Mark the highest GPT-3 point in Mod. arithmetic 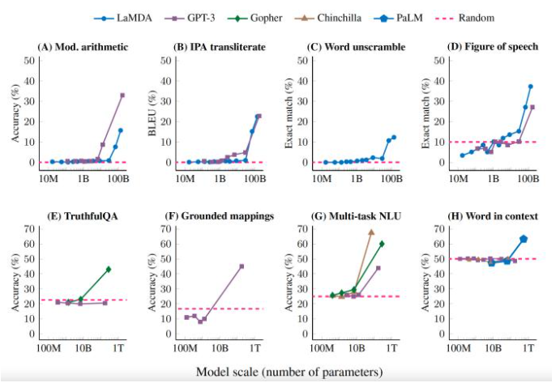(x=122, y=96)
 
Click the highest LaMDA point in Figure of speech (x=530, y=87)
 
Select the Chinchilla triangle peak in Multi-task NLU (x=371, y=232)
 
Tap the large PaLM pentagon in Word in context (x=524, y=239)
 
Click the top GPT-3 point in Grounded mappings (x=242, y=266)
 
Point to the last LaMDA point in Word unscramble (x=394, y=138)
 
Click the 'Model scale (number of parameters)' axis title (x=289, y=372)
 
